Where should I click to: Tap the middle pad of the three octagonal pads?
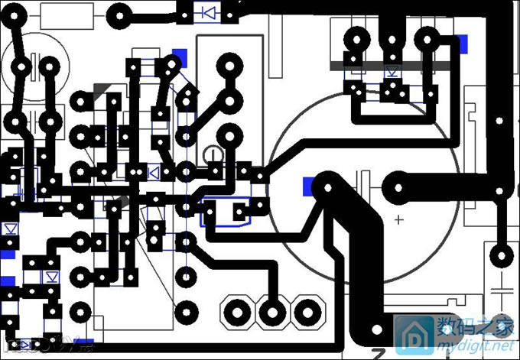271,311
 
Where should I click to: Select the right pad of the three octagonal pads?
305,311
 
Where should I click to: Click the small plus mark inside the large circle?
398,220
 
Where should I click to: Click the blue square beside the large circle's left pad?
309,185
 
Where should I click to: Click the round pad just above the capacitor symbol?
502,255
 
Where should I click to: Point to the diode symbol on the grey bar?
393,73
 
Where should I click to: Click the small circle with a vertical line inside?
216,156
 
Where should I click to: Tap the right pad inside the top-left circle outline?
49,67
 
